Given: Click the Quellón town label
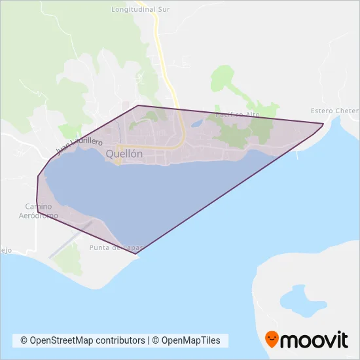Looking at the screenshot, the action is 124,153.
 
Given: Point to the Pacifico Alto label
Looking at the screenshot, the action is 238,115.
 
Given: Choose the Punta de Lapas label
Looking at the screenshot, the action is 115,248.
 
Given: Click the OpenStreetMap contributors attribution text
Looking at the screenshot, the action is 82,340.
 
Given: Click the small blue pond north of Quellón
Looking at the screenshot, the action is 197,122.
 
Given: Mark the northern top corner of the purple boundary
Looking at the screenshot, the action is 138,105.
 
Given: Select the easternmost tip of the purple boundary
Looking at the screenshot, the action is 323,124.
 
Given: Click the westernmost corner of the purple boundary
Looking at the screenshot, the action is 37,177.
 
